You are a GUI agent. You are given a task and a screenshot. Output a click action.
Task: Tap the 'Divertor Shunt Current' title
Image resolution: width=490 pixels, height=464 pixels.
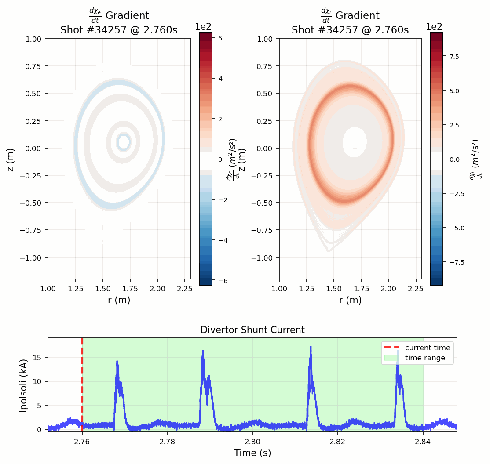coord(252,330)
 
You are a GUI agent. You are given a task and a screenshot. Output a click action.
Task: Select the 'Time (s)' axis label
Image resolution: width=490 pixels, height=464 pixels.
coord(252,453)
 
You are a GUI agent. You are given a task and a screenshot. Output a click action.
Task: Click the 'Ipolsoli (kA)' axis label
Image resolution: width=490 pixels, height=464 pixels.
coord(24,385)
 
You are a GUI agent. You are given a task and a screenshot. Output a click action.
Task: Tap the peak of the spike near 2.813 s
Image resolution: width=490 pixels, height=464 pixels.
coord(311,347)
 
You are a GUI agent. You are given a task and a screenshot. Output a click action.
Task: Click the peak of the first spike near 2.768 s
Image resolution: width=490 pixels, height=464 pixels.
coord(117,361)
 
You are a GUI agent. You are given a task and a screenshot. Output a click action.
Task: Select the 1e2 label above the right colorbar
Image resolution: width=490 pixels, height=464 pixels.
coord(434,26)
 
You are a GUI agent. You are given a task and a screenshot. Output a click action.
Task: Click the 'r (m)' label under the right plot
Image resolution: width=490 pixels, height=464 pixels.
coord(350,300)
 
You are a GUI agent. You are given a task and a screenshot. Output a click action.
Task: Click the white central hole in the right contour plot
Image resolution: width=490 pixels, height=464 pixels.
coord(355,142)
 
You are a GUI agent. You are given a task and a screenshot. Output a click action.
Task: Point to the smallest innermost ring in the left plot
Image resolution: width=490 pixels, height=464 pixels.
coord(124,141)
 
